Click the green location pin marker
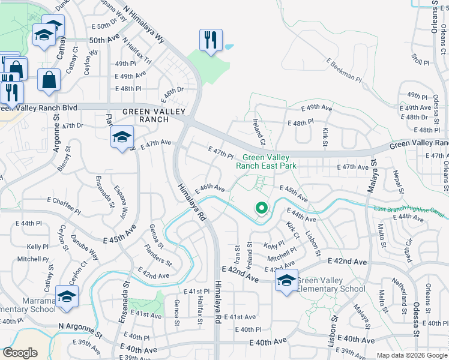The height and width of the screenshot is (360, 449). coord(262,208)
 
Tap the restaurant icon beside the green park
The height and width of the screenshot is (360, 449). coord(211,40)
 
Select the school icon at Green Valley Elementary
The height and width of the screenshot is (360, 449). coord(286,280)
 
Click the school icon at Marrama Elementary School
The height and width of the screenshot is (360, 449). coord(67,296)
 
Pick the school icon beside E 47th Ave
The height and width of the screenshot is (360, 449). coord(122,137)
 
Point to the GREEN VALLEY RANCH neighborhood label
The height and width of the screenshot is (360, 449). coord(146,115)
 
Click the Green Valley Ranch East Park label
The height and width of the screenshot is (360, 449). coord(266,161)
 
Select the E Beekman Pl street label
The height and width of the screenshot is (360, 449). coord(344,70)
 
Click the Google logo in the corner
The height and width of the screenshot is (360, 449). coord(20,353)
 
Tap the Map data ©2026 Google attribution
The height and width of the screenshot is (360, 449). coord(411,355)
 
